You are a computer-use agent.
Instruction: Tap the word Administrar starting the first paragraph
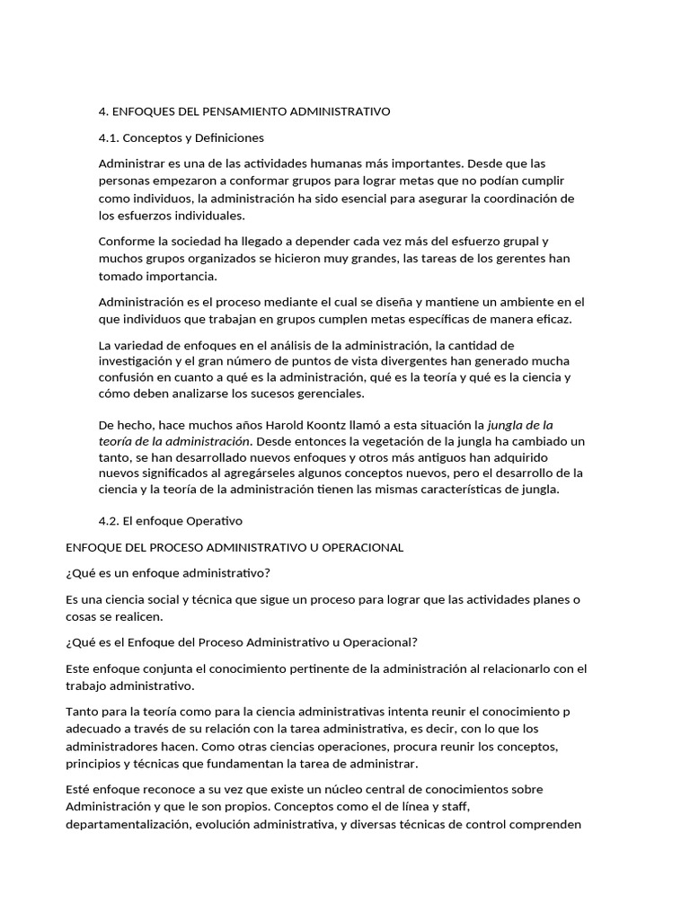click(x=131, y=164)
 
